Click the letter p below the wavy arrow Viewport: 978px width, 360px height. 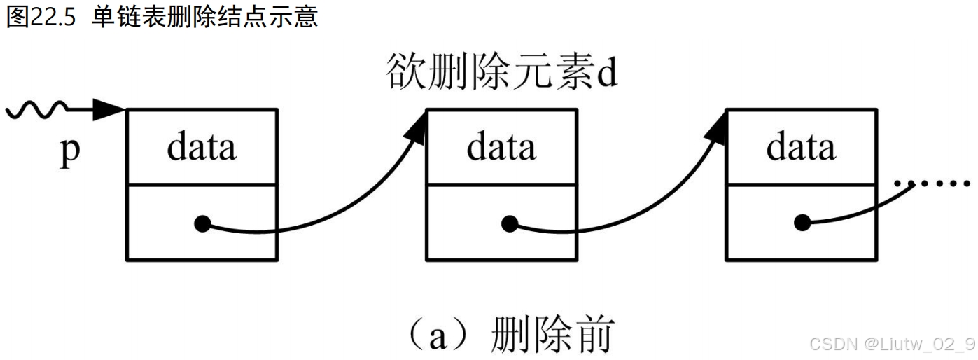[x=70, y=151]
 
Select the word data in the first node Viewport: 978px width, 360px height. [x=202, y=147]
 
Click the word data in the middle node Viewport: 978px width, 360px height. [x=501, y=147]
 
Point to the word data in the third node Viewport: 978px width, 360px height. [x=801, y=147]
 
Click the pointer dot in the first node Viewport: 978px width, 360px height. [x=202, y=225]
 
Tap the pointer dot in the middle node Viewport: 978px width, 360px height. [x=509, y=225]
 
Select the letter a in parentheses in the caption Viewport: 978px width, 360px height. [x=439, y=336]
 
